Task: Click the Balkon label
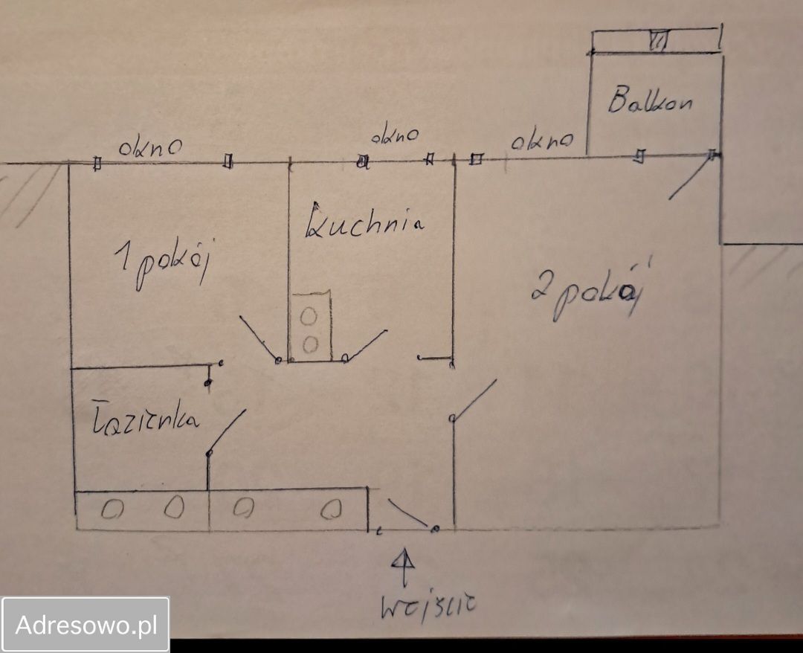click(x=651, y=100)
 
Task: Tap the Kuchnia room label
click(x=364, y=221)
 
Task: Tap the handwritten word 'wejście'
click(x=428, y=606)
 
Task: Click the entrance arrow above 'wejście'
click(x=404, y=567)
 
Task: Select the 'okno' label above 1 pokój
click(x=150, y=147)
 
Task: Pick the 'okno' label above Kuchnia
click(x=394, y=136)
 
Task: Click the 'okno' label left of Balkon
click(x=542, y=139)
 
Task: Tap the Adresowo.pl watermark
click(x=86, y=625)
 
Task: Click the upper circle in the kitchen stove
click(x=309, y=317)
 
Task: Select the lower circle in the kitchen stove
click(x=310, y=344)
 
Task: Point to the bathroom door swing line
click(x=227, y=431)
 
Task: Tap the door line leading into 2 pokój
click(x=474, y=399)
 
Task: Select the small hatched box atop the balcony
click(x=659, y=41)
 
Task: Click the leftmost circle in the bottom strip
click(x=112, y=509)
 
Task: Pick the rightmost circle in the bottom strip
click(x=331, y=509)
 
